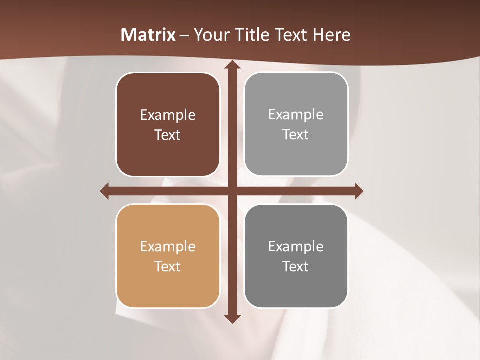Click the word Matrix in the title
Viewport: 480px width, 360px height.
point(148,35)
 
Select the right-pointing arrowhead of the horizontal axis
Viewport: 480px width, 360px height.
point(359,191)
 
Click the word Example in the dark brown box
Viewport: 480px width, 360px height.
point(168,115)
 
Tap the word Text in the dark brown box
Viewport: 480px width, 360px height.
point(168,135)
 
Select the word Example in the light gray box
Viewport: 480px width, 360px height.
point(296,115)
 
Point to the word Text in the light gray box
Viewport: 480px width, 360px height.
point(296,134)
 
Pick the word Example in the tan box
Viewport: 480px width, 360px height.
point(168,247)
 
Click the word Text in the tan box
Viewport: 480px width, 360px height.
point(168,266)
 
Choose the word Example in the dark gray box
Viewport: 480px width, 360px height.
point(296,247)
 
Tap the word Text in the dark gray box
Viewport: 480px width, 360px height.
point(296,266)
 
